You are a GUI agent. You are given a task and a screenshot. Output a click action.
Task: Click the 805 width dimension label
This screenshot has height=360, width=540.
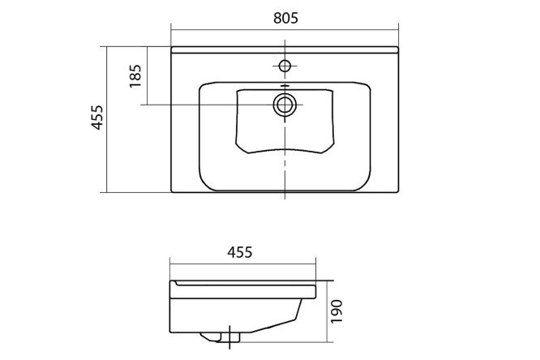(285, 18)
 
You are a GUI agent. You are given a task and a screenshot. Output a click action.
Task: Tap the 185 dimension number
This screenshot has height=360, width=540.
(135, 75)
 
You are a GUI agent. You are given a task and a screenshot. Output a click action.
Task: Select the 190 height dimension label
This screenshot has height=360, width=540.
(336, 311)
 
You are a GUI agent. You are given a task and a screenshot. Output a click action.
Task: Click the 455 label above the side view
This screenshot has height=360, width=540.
(240, 252)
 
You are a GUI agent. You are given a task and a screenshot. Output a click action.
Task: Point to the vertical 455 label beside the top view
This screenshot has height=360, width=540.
(97, 118)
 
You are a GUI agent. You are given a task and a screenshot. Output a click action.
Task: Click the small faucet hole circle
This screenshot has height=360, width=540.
(285, 66)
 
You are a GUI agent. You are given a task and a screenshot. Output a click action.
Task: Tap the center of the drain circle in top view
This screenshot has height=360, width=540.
(285, 105)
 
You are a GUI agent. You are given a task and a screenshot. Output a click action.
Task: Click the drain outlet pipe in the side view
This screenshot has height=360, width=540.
(230, 337)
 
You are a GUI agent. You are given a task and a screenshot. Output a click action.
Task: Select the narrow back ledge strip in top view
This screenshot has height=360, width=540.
(285, 50)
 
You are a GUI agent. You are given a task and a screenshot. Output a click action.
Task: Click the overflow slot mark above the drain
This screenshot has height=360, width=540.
(285, 85)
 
